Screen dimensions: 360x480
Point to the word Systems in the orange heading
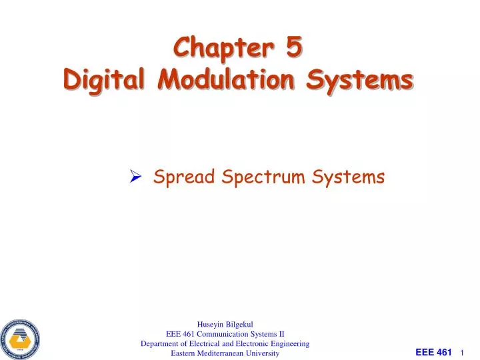click(x=361, y=80)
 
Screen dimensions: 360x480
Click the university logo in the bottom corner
click(x=21, y=336)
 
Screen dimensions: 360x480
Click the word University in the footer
click(x=263, y=353)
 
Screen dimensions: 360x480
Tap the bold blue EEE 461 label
click(x=433, y=351)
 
